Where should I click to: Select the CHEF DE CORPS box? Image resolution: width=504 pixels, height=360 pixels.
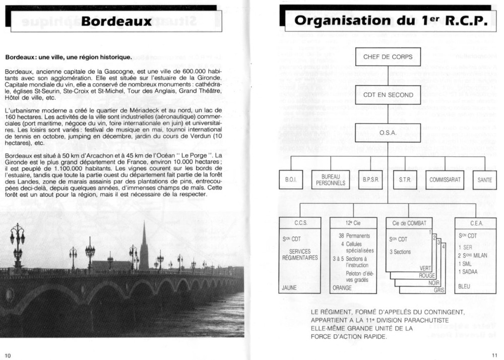point(388,56)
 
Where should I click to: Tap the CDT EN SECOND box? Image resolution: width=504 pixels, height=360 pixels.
point(388,95)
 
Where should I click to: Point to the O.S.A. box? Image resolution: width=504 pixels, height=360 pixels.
point(388,133)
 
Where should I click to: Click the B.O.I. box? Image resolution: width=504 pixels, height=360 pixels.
point(291,179)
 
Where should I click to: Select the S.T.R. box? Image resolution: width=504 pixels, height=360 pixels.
point(405,179)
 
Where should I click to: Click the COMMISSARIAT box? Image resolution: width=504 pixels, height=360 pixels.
point(445,179)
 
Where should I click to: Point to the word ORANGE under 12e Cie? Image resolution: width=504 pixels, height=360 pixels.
point(342,288)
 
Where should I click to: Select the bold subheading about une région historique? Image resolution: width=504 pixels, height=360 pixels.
point(68,57)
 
